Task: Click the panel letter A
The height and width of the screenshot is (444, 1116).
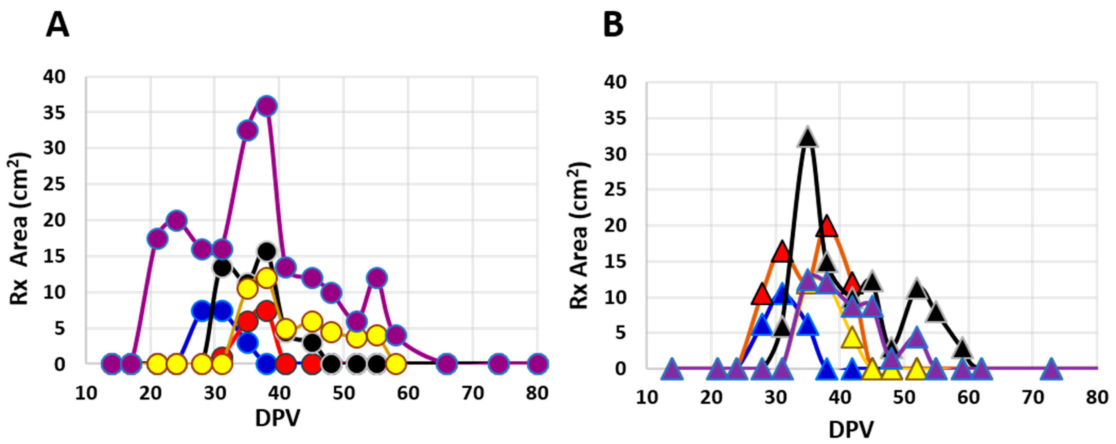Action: tap(57, 25)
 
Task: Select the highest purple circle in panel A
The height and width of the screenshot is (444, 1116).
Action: tap(267, 106)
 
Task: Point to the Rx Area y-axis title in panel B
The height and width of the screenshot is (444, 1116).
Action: tap(579, 236)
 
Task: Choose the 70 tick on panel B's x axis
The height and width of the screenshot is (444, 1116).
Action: tap(1033, 397)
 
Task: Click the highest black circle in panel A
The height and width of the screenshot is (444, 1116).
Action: tap(267, 251)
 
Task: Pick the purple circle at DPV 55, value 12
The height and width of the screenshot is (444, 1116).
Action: tap(377, 277)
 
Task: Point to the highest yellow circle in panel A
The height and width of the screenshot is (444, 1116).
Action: tap(267, 278)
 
